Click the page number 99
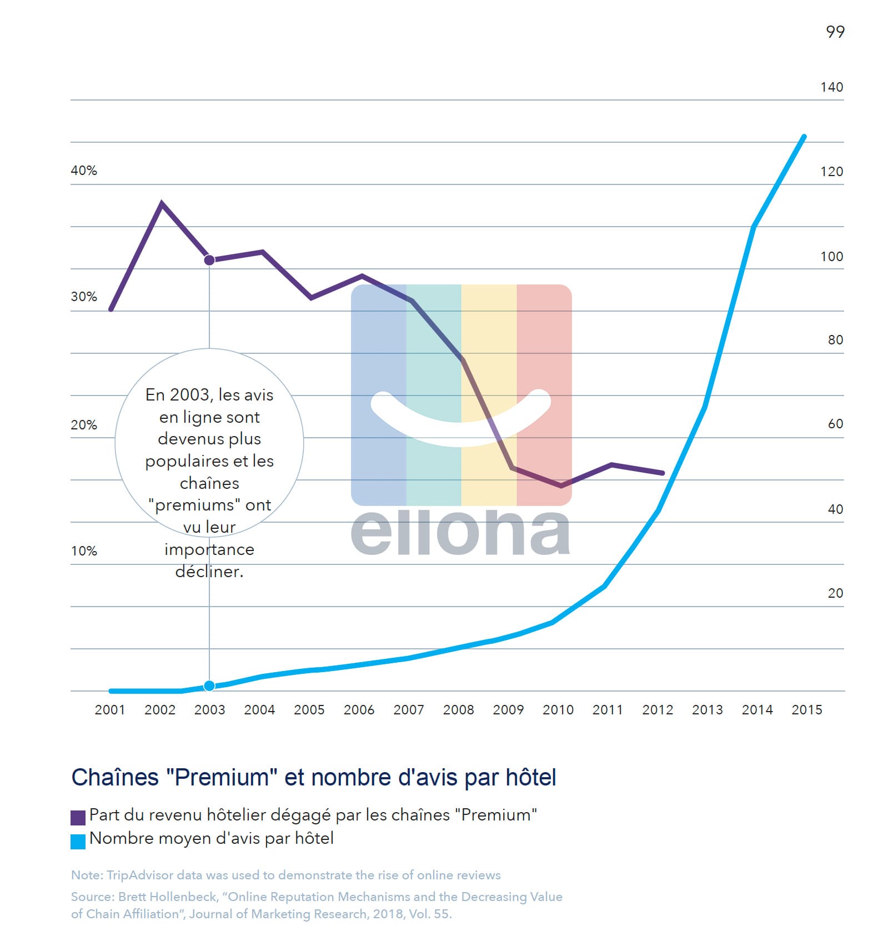[x=835, y=32]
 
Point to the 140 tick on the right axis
[x=831, y=87]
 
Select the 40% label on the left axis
[x=84, y=171]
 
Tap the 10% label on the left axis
[x=84, y=551]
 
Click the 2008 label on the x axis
[x=458, y=710]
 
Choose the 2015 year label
[x=806, y=710]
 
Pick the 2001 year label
[x=110, y=710]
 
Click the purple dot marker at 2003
[x=209, y=260]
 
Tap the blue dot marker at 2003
[x=209, y=686]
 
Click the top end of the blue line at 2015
[x=804, y=137]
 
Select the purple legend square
[x=78, y=817]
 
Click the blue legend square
[x=78, y=841]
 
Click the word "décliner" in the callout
[x=209, y=572]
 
